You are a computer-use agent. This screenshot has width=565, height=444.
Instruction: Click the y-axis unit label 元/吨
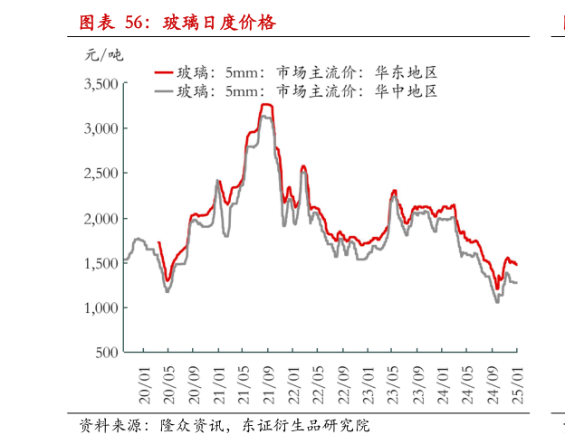(103, 55)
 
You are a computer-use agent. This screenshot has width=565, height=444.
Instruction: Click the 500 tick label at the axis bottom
(107, 353)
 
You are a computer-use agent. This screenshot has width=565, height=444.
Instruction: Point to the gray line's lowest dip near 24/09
(497, 301)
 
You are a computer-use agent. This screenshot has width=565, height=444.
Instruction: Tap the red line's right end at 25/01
(516, 264)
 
